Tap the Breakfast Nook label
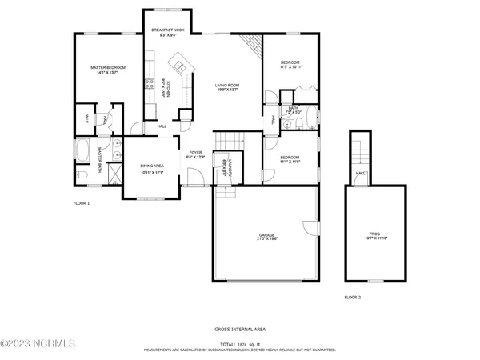click(169, 33)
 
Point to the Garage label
click(267, 238)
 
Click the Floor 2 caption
click(353, 297)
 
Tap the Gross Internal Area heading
click(240, 329)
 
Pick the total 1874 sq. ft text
click(241, 344)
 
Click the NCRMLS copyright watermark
click(38, 344)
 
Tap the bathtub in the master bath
click(84, 150)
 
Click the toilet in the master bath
click(82, 176)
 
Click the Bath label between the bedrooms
click(294, 110)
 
